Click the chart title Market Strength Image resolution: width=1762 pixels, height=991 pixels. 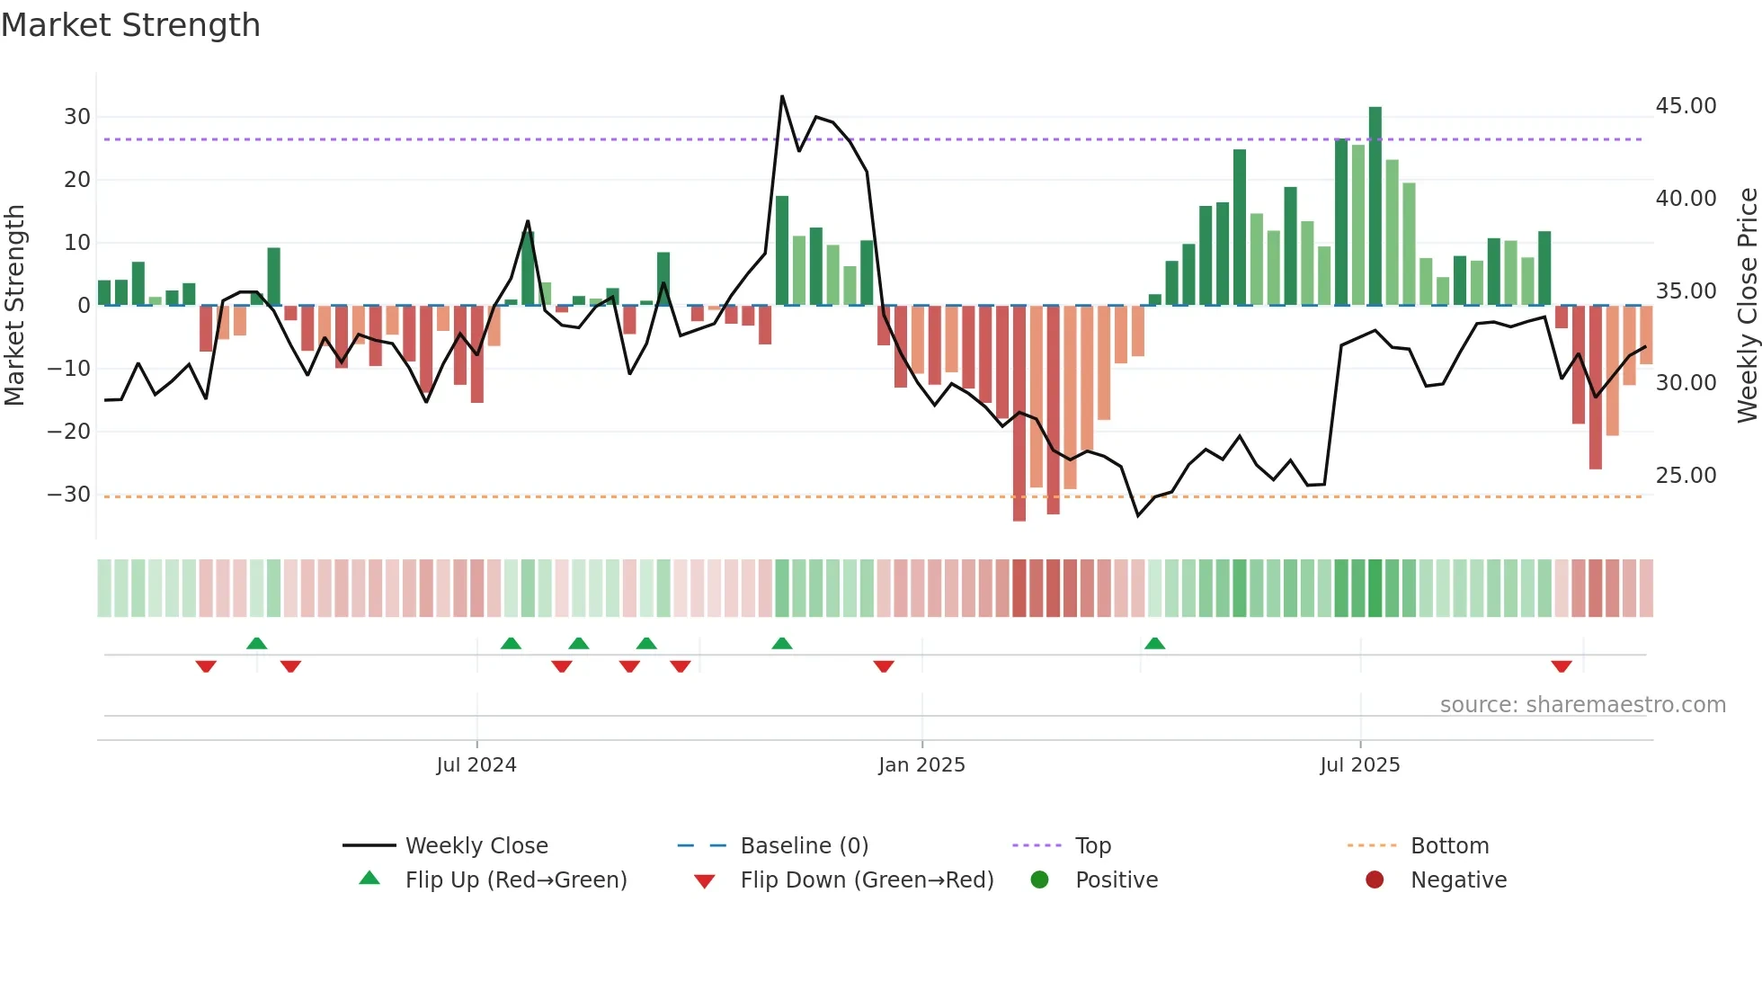[130, 25]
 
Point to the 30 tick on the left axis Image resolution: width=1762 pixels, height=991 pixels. [76, 117]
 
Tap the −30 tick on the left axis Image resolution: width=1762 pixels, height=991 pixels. [69, 495]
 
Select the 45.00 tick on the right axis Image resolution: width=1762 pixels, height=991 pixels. [1686, 106]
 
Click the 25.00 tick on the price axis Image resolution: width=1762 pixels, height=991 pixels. [1686, 476]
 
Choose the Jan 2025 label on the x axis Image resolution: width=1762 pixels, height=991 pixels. [921, 765]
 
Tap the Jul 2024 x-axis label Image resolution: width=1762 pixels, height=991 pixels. [476, 765]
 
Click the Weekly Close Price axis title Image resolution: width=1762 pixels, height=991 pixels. [1747, 306]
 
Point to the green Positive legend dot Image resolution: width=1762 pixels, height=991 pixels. [1040, 880]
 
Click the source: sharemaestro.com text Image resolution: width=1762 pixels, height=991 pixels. [1582, 705]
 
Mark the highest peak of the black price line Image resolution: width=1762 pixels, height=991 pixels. [782, 96]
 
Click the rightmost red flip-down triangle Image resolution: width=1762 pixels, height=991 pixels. [1562, 666]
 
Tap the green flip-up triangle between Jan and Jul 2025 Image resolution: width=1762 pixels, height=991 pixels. [1154, 643]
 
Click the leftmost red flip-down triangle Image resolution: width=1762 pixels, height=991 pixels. [206, 666]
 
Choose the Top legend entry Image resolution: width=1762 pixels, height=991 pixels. [1092, 846]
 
